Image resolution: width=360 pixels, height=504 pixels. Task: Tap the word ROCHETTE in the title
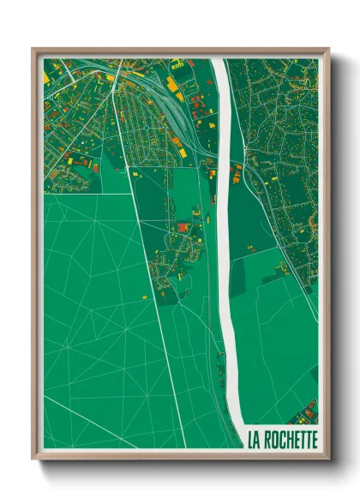(291, 440)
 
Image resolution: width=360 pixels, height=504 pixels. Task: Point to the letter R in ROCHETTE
(269, 440)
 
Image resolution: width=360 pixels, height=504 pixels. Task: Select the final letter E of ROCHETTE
(315, 440)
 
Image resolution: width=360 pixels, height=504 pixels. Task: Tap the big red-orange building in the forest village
(183, 227)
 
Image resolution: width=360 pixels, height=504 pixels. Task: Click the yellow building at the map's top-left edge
(46, 78)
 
